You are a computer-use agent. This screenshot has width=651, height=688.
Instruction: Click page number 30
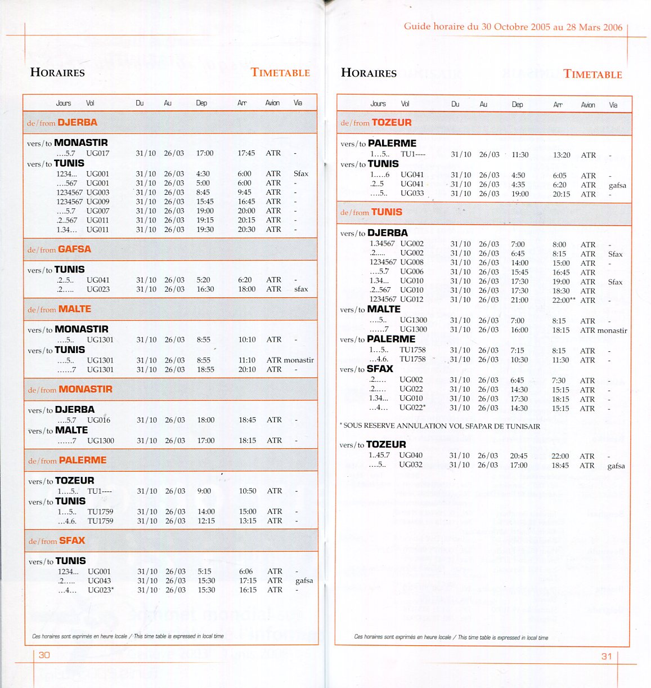[x=44, y=655]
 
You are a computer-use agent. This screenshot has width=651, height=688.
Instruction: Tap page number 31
[x=607, y=656]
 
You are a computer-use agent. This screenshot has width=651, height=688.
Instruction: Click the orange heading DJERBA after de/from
[x=78, y=122]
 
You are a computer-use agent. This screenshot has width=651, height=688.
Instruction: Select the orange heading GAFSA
[x=74, y=249]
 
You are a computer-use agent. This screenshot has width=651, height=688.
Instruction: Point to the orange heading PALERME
[x=83, y=460]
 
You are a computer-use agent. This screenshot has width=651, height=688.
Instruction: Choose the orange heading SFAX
[x=72, y=540]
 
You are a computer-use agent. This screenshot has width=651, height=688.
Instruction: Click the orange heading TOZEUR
[x=392, y=122]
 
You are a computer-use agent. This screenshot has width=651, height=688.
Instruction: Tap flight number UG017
[x=97, y=153]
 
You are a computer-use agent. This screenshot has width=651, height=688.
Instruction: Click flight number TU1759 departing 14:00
[x=100, y=512]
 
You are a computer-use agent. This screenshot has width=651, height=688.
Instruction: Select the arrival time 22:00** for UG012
[x=563, y=300]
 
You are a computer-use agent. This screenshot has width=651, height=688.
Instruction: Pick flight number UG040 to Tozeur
[x=410, y=455]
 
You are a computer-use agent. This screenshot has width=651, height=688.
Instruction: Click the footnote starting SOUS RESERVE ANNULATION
[x=440, y=426]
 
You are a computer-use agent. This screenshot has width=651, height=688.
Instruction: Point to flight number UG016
[x=98, y=420]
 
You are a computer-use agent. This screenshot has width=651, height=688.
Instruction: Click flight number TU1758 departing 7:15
[x=412, y=350]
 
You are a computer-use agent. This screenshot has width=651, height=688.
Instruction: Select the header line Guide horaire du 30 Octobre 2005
[x=513, y=26]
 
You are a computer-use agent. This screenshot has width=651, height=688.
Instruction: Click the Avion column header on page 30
[x=272, y=103]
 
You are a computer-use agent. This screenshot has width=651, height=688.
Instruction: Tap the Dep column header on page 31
[x=517, y=104]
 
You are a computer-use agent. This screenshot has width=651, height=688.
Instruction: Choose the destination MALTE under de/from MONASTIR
[x=71, y=430]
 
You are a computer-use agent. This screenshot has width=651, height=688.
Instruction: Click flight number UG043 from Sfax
[x=99, y=580]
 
